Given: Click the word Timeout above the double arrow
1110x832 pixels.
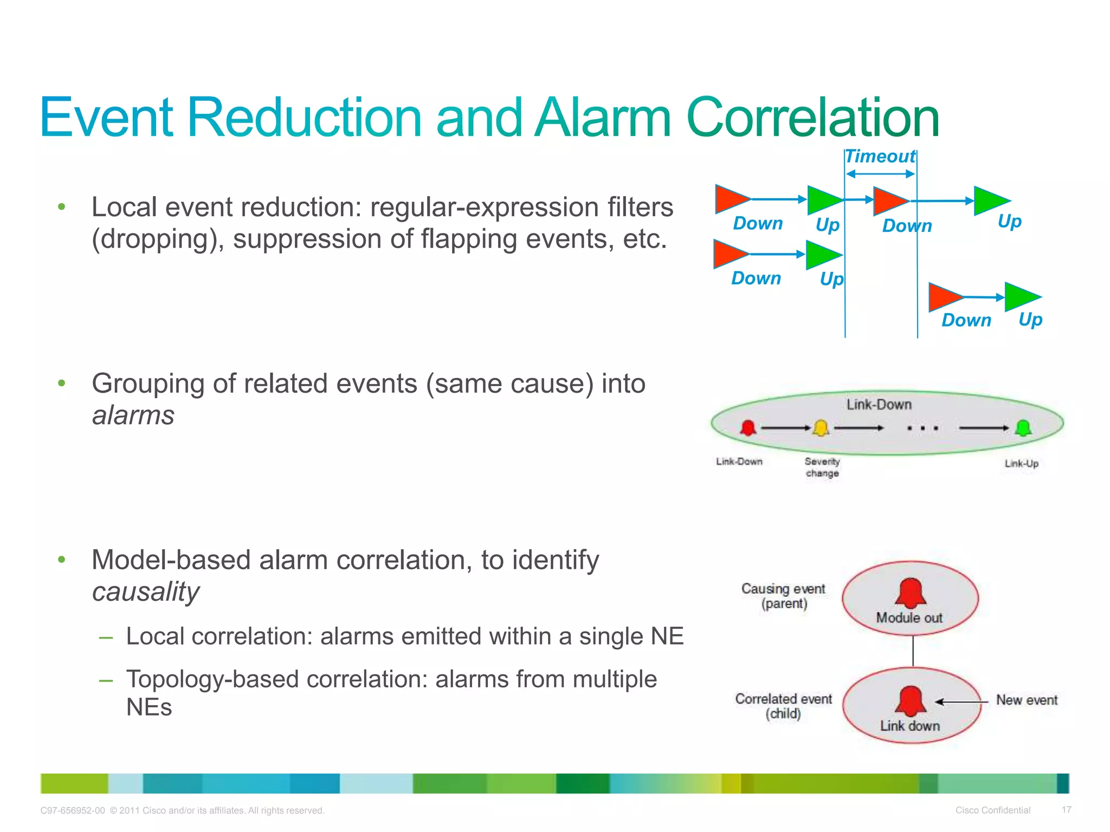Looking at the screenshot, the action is [x=880, y=157].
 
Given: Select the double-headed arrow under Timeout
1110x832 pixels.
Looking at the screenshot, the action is [x=880, y=174].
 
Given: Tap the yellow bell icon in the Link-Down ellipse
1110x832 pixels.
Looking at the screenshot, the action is [x=821, y=428].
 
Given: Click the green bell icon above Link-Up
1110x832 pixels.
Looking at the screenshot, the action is [x=1023, y=428].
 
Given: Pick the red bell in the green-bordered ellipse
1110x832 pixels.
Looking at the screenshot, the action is [x=748, y=428].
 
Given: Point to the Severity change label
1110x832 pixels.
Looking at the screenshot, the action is [x=822, y=467].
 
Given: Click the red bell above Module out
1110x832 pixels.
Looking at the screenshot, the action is [x=911, y=593].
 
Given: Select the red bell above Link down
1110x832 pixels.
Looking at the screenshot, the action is [x=911, y=701].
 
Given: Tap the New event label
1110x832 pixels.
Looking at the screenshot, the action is [x=1027, y=700].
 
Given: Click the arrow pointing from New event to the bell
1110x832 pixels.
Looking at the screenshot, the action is [x=961, y=701].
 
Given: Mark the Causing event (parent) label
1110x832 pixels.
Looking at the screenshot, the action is [x=784, y=596].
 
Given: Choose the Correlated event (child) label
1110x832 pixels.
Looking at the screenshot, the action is [x=784, y=706].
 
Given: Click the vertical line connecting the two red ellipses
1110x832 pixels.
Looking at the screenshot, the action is [x=913, y=651].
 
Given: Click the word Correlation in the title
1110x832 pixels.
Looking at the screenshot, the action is [x=812, y=118].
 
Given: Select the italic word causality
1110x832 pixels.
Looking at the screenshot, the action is [x=146, y=591].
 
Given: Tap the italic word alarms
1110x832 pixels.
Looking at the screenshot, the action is [x=133, y=415].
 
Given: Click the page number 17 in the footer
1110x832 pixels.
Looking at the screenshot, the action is [x=1066, y=810].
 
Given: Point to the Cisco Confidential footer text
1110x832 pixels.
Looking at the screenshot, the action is [x=992, y=810].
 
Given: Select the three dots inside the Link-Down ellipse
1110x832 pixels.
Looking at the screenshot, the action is [x=922, y=428].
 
